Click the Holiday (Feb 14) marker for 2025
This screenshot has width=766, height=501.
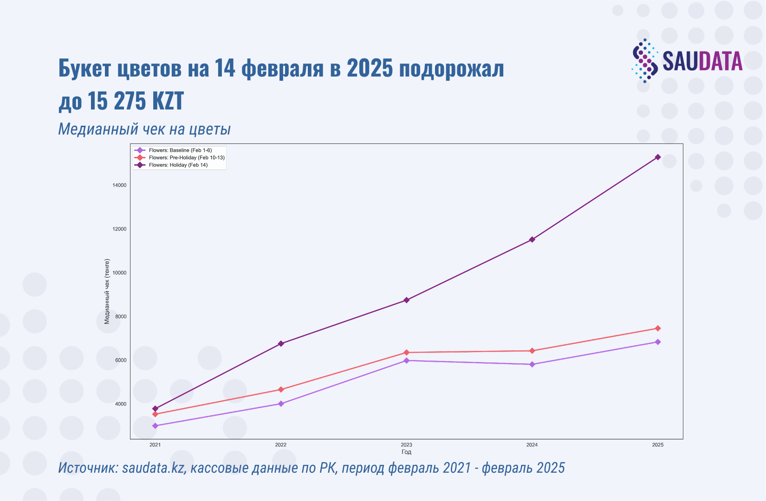pos(658,157)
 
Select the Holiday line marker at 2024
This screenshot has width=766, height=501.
pos(532,239)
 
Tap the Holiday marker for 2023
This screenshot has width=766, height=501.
pos(406,300)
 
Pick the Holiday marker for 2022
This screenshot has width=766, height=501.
pos(281,344)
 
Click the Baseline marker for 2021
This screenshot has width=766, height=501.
pos(155,426)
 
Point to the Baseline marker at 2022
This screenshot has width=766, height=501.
pos(281,404)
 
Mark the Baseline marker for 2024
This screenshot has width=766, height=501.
pos(532,364)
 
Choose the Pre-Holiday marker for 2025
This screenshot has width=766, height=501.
pos(658,328)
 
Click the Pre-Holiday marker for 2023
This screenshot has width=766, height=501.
pos(406,353)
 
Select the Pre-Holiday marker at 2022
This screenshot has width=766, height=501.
pos(281,390)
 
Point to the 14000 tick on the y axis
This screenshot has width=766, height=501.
pos(120,185)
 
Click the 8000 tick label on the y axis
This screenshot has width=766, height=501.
pos(120,317)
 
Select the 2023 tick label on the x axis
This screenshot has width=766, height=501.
pos(406,445)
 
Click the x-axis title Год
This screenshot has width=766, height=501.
pos(406,452)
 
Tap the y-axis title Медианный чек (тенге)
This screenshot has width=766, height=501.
pos(107,291)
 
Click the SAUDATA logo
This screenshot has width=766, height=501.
pos(687,61)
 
